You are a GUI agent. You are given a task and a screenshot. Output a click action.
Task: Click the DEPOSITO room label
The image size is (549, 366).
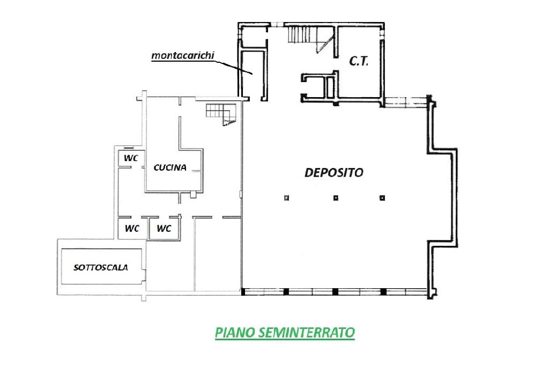pyautogui.click(x=334, y=172)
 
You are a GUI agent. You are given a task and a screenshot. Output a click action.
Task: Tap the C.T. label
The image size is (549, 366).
pyautogui.click(x=359, y=61)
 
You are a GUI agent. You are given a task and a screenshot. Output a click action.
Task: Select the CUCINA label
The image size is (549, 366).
pyautogui.click(x=170, y=167)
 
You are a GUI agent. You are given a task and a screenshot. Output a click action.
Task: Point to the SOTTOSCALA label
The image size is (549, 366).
pyautogui.click(x=101, y=267)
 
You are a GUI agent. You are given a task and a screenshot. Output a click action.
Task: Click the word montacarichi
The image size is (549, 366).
pyautogui.click(x=182, y=55)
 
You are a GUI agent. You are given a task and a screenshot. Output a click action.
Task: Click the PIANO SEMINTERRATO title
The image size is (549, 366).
pyautogui.click(x=285, y=332)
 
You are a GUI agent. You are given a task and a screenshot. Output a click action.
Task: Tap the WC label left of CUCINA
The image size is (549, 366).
pyautogui.click(x=131, y=158)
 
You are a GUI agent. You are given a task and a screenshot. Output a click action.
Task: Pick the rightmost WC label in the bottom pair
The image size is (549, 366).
pyautogui.click(x=164, y=229)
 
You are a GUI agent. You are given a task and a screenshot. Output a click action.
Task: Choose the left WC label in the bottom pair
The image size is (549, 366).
pyautogui.click(x=132, y=229)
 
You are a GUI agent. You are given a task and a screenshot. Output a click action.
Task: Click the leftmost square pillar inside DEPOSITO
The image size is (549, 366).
pyautogui.click(x=287, y=198)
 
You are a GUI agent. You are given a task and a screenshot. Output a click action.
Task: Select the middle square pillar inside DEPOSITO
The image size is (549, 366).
pyautogui.click(x=336, y=198)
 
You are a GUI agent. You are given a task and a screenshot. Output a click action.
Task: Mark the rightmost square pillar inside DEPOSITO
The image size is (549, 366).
pyautogui.click(x=382, y=198)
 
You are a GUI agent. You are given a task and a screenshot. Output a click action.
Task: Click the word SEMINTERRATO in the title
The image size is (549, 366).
pyautogui.click(x=306, y=332)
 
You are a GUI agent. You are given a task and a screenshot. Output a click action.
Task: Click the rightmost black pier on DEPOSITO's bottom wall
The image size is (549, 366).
pyautogui.click(x=383, y=292)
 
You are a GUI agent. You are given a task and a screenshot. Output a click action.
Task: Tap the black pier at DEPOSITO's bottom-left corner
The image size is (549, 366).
pyautogui.click(x=243, y=292)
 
